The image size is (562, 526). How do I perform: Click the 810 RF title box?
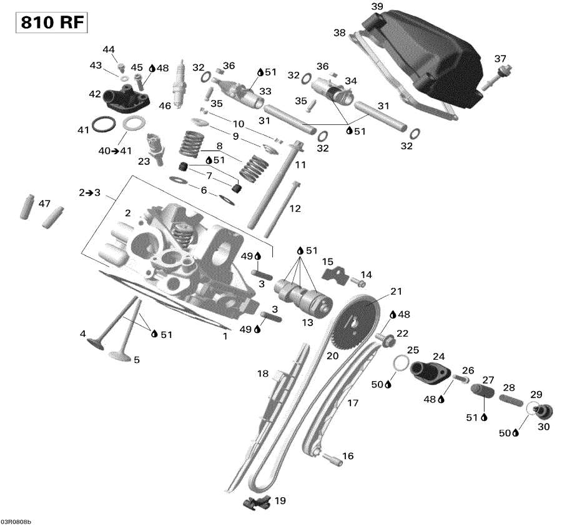click(51, 22)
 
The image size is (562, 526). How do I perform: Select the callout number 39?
click(377, 6)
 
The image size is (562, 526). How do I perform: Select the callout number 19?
click(280, 500)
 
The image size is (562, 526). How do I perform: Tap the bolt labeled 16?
click(333, 461)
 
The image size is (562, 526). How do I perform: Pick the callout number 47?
click(44, 204)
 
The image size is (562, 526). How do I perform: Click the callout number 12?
click(295, 208)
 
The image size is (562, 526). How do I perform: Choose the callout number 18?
click(263, 374)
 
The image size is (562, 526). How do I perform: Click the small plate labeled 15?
click(334, 273)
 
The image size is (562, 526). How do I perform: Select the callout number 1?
click(225, 336)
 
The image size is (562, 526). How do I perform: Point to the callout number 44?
click(109, 49)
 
